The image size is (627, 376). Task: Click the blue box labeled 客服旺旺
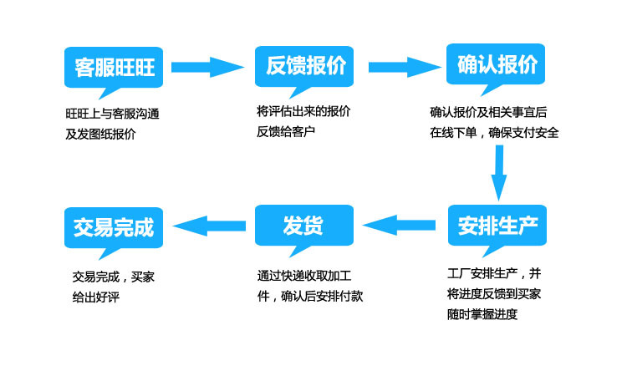coord(114,66)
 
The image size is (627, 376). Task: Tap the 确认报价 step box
coord(497,64)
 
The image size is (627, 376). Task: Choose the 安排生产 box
coord(497,225)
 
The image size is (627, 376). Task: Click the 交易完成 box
coord(114,226)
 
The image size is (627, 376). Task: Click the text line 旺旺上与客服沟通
coord(112,113)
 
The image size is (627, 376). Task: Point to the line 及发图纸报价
coord(100,134)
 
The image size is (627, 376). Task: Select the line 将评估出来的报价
coord(303,111)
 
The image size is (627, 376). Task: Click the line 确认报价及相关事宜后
coord(488,111)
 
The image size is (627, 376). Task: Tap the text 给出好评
coord(96,297)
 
